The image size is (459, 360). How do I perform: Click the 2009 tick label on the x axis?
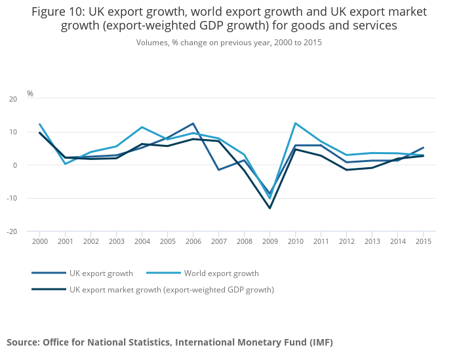[x=269, y=241]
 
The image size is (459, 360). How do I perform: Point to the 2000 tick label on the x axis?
[x=39, y=241]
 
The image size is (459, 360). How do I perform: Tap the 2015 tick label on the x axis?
[x=423, y=241]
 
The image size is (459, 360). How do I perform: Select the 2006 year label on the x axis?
[x=193, y=241]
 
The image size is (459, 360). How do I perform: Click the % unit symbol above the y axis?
[x=30, y=94]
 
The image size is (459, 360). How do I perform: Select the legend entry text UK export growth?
[x=101, y=273]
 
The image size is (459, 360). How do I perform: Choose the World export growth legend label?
[x=221, y=273]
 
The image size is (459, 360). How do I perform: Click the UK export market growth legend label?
[x=172, y=289]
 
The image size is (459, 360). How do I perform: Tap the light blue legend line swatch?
[x=163, y=273]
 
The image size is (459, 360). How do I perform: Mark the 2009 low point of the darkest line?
[x=269, y=208]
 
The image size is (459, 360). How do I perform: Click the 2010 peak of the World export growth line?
[x=295, y=123]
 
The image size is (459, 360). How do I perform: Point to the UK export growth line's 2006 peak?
[x=193, y=123]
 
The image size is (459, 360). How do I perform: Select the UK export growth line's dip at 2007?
[x=218, y=170]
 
